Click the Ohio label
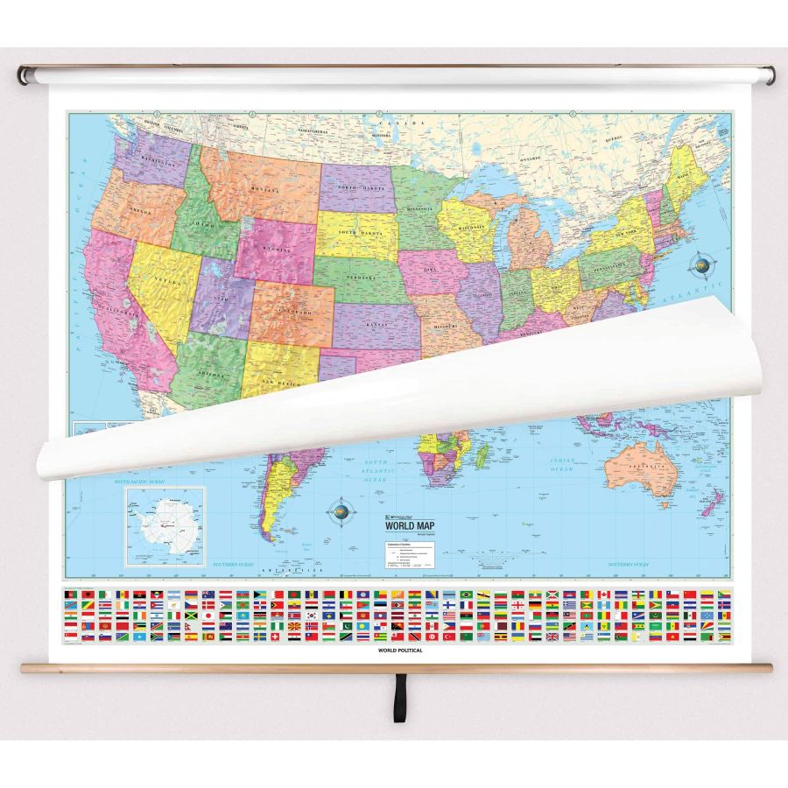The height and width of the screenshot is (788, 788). coord(558,283)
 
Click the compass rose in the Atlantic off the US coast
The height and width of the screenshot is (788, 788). coord(700,264)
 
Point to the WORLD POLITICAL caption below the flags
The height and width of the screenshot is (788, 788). coord(401,651)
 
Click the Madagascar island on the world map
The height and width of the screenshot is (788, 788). coord(482,454)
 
